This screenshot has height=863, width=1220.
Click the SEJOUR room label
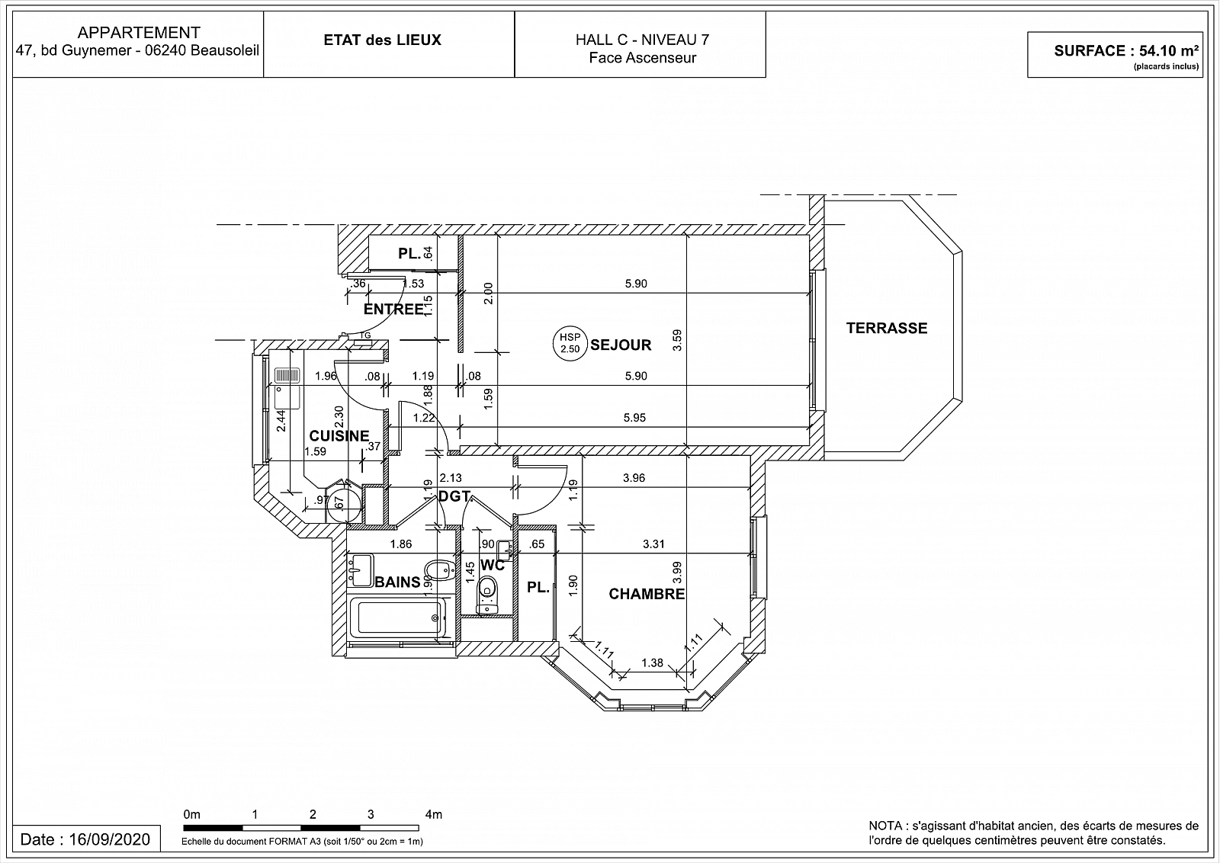pos(621,345)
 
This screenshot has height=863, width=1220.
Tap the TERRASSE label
pos(886,329)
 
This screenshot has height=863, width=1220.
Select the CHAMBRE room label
pos(647,594)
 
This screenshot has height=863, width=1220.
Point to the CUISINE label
pos(339,436)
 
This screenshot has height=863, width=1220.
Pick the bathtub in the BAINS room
pos(397,618)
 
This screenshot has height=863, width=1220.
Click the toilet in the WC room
pos(487,595)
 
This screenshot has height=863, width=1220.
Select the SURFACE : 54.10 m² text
pos(1126,51)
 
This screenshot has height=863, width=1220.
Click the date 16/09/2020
pos(109,839)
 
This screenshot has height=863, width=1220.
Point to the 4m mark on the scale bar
pos(434,814)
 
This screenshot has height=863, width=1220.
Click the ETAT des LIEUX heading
pos(382,40)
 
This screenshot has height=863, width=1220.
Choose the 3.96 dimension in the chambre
pos(634,478)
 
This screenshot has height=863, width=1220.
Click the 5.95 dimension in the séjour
pos(634,418)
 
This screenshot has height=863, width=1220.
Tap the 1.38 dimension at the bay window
pos(652,662)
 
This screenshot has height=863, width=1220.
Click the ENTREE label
pos(393,310)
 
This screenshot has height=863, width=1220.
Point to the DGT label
pos(454,496)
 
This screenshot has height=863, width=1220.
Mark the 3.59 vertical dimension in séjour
pos(677,340)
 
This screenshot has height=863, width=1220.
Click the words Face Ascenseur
pos(642,58)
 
